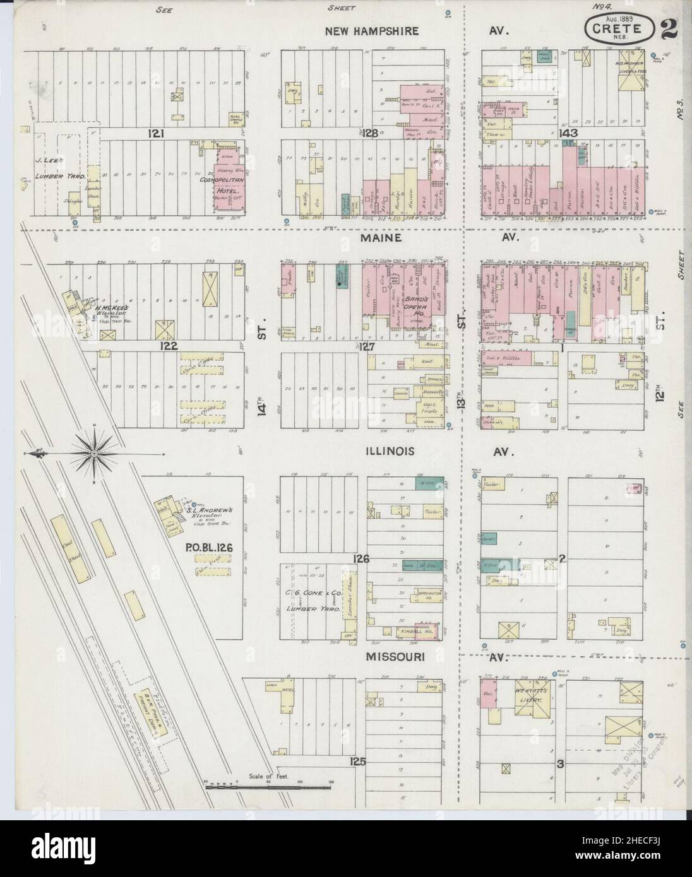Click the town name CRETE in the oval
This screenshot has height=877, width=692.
click(x=616, y=29)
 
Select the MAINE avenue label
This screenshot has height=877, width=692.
click(x=378, y=238)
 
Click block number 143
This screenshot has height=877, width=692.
click(x=568, y=133)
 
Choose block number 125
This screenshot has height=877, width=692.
click(x=357, y=762)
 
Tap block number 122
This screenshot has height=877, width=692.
click(x=169, y=346)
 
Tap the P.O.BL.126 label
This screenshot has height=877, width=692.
click(x=209, y=548)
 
